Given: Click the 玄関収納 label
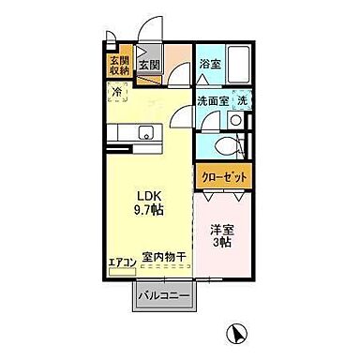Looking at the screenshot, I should (118, 65).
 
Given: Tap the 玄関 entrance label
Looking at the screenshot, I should (148, 66).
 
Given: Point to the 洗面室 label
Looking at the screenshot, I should (210, 100).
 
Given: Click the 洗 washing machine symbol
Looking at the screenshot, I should (241, 100).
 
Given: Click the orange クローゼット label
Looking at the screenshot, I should (223, 176).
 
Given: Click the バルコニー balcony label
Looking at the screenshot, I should (165, 296).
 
